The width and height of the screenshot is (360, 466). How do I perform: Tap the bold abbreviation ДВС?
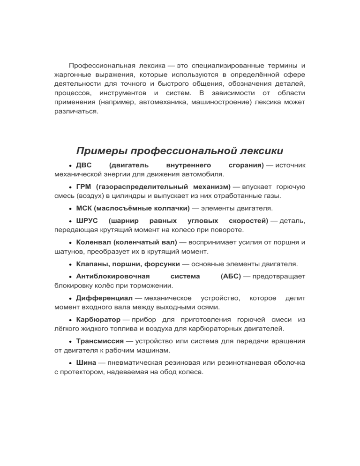[84, 165]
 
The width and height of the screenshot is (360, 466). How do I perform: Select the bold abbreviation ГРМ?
[84, 187]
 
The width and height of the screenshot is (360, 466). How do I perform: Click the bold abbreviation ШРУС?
[87, 220]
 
